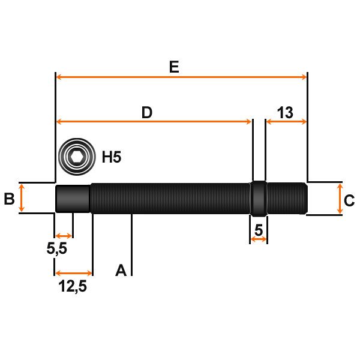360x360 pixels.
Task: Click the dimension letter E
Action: point(174,67)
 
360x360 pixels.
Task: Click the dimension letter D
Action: point(147,112)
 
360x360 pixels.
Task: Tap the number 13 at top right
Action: point(285,112)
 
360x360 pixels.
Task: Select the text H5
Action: point(112,158)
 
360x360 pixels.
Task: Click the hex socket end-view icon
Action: point(76,158)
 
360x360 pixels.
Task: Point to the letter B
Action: point(9,199)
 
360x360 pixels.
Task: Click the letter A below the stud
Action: point(121,270)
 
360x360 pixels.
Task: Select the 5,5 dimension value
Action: point(57,248)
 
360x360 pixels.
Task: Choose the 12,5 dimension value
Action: point(73,287)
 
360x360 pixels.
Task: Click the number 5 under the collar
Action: point(259,230)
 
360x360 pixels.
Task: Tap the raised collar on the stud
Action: point(258,198)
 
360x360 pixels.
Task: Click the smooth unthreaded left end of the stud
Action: point(73,198)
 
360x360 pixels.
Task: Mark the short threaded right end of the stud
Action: point(287,198)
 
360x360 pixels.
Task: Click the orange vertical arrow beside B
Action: point(22,198)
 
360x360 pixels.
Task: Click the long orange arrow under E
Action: point(181,77)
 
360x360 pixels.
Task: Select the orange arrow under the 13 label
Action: point(286,122)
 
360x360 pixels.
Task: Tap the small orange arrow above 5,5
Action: point(64,234)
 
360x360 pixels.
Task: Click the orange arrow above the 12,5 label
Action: point(74,273)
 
